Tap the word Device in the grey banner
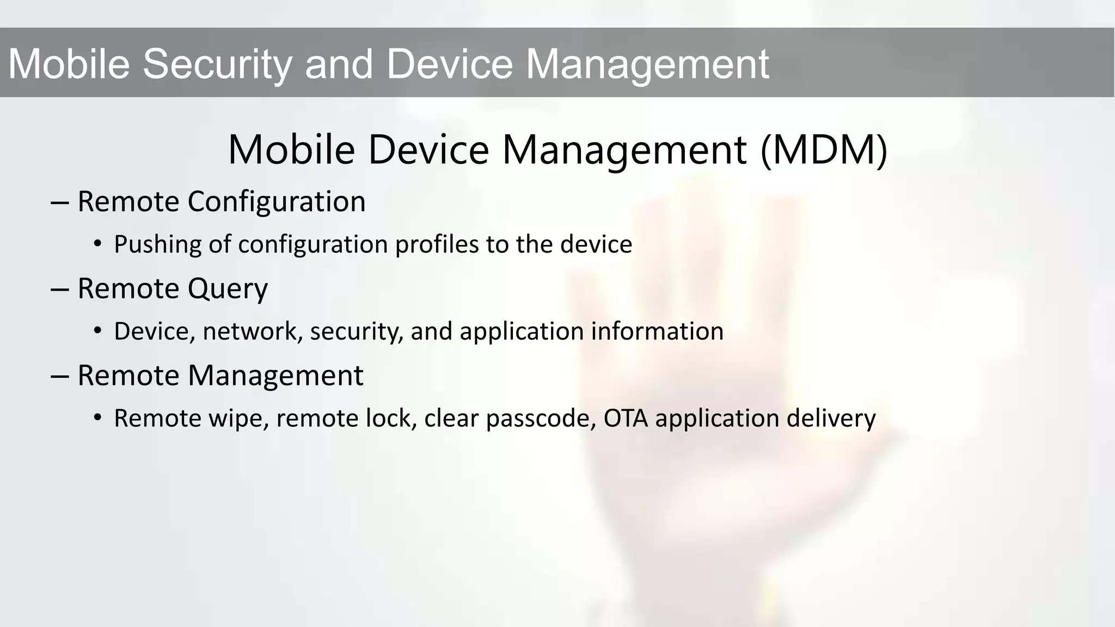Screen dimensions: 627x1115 pos(449,64)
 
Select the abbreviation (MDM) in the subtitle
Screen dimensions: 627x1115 pos(824,150)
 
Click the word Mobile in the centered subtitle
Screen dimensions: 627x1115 pos(291,150)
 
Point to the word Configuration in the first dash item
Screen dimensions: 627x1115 pos(277,202)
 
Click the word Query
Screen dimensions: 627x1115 pos(228,289)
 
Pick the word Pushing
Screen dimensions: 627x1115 pos(157,244)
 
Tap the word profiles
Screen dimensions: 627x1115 pos(437,244)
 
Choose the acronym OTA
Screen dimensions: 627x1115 pos(626,418)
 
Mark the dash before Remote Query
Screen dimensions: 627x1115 pos(59,290)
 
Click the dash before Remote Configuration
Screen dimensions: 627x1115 pos(59,202)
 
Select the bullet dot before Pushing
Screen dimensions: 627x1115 pos(97,244)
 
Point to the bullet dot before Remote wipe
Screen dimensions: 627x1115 pos(97,418)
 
